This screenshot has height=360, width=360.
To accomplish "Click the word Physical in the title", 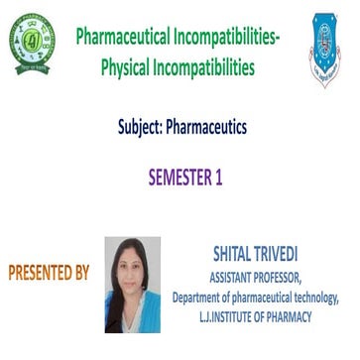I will [132, 66].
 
